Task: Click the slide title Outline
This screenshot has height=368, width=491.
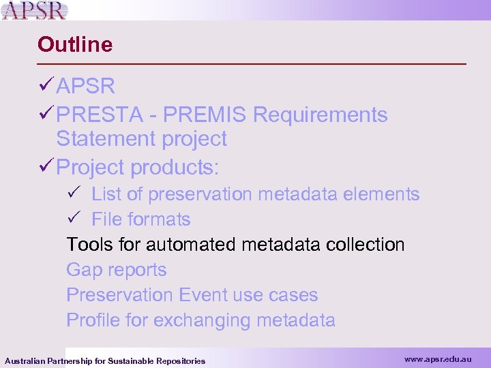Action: [75, 45]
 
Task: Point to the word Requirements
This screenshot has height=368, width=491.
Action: [320, 115]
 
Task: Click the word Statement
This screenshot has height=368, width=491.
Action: [105, 139]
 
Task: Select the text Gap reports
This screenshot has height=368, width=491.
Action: [116, 270]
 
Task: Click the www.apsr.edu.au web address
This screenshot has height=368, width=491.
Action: [437, 358]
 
